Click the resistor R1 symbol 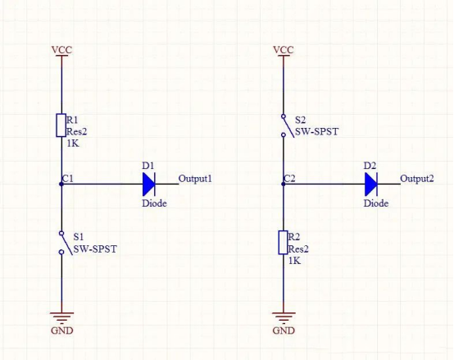61,125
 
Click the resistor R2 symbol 284,242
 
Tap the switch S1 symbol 61,243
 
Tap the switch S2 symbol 284,125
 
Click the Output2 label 417,179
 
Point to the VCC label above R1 61,50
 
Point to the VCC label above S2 284,50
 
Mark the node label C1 68,177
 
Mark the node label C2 290,177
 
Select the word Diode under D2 376,203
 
